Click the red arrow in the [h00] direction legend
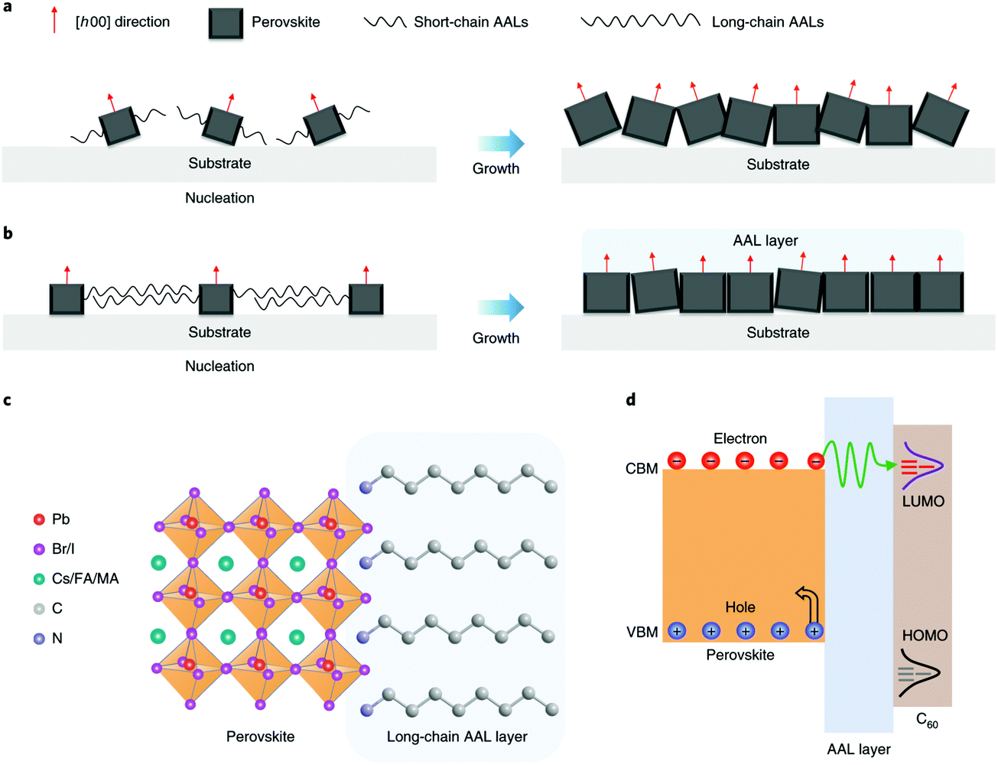[x=54, y=20]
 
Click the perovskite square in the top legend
[x=226, y=24]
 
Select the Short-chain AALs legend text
[x=470, y=22]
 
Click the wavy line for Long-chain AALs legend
[x=640, y=21]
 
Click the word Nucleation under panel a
[x=219, y=198]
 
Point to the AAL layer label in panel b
[x=765, y=240]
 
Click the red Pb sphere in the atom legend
[x=39, y=519]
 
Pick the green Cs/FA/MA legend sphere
[x=39, y=579]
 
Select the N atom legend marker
[x=39, y=638]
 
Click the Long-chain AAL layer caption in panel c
[x=457, y=737]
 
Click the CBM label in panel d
[x=641, y=469]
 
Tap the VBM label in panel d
[x=642, y=632]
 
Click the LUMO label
[x=923, y=502]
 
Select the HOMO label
[x=925, y=636]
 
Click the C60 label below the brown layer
[x=927, y=721]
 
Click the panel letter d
[x=630, y=399]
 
